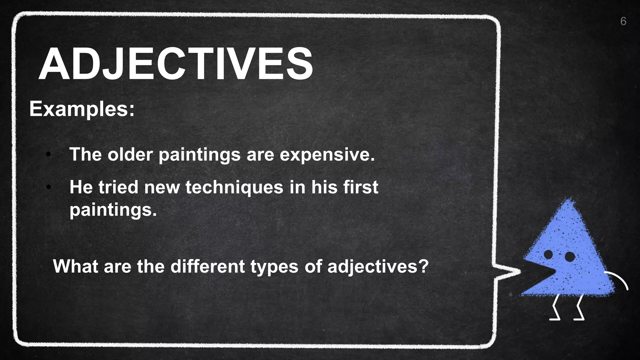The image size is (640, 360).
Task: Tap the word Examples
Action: pos(82,109)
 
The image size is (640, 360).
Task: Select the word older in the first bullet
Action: pos(130,154)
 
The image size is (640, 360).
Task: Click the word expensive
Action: pos(327,155)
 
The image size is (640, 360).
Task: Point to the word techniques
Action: pos(234,187)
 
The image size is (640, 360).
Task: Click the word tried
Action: pos(118,187)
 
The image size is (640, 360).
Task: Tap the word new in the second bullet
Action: pos(162,188)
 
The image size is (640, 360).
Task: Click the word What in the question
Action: pos(75,267)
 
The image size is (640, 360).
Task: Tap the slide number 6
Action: pos(623,21)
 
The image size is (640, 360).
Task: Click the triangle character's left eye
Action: pos(548,254)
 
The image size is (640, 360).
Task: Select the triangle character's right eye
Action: pos(570,257)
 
